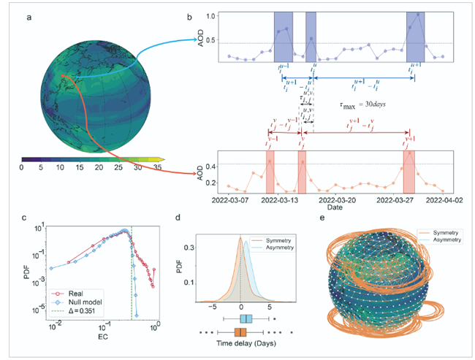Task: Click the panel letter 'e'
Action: (x=322, y=218)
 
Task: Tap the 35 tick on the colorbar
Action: (x=156, y=168)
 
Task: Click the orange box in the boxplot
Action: (x=240, y=332)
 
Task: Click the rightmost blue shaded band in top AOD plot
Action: (x=416, y=37)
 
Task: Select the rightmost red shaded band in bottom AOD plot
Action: (x=409, y=172)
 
